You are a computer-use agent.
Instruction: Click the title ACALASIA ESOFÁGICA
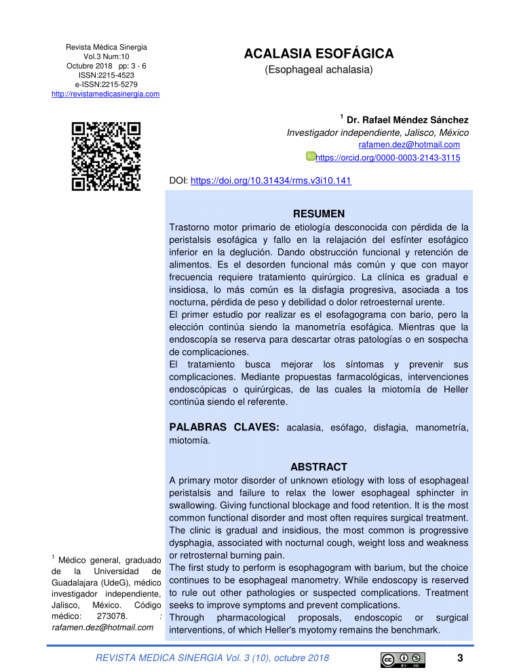pyautogui.click(x=318, y=54)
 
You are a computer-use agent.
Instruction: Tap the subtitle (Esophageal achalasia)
pyautogui.click(x=318, y=70)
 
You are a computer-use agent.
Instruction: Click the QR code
pyautogui.click(x=106, y=156)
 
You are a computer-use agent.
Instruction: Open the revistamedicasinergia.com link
pyautogui.click(x=106, y=94)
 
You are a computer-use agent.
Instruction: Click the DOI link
pyautogui.click(x=271, y=181)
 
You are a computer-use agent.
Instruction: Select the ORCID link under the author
pyautogui.click(x=388, y=157)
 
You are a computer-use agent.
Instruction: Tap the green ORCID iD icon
pyautogui.click(x=311, y=157)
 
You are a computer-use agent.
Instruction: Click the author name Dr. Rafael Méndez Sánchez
pyautogui.click(x=407, y=120)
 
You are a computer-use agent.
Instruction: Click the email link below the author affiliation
pyautogui.click(x=409, y=145)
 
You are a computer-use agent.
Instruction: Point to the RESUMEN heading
pyautogui.click(x=318, y=213)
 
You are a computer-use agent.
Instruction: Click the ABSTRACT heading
pyautogui.click(x=318, y=467)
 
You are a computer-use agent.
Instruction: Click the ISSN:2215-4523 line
pyautogui.click(x=106, y=75)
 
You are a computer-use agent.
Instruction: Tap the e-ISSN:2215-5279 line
pyautogui.click(x=106, y=84)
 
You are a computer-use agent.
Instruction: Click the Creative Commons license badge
pyautogui.click(x=403, y=659)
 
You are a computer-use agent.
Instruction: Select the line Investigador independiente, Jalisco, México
pyautogui.click(x=378, y=132)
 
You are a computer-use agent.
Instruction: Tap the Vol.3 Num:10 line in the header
pyautogui.click(x=106, y=56)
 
